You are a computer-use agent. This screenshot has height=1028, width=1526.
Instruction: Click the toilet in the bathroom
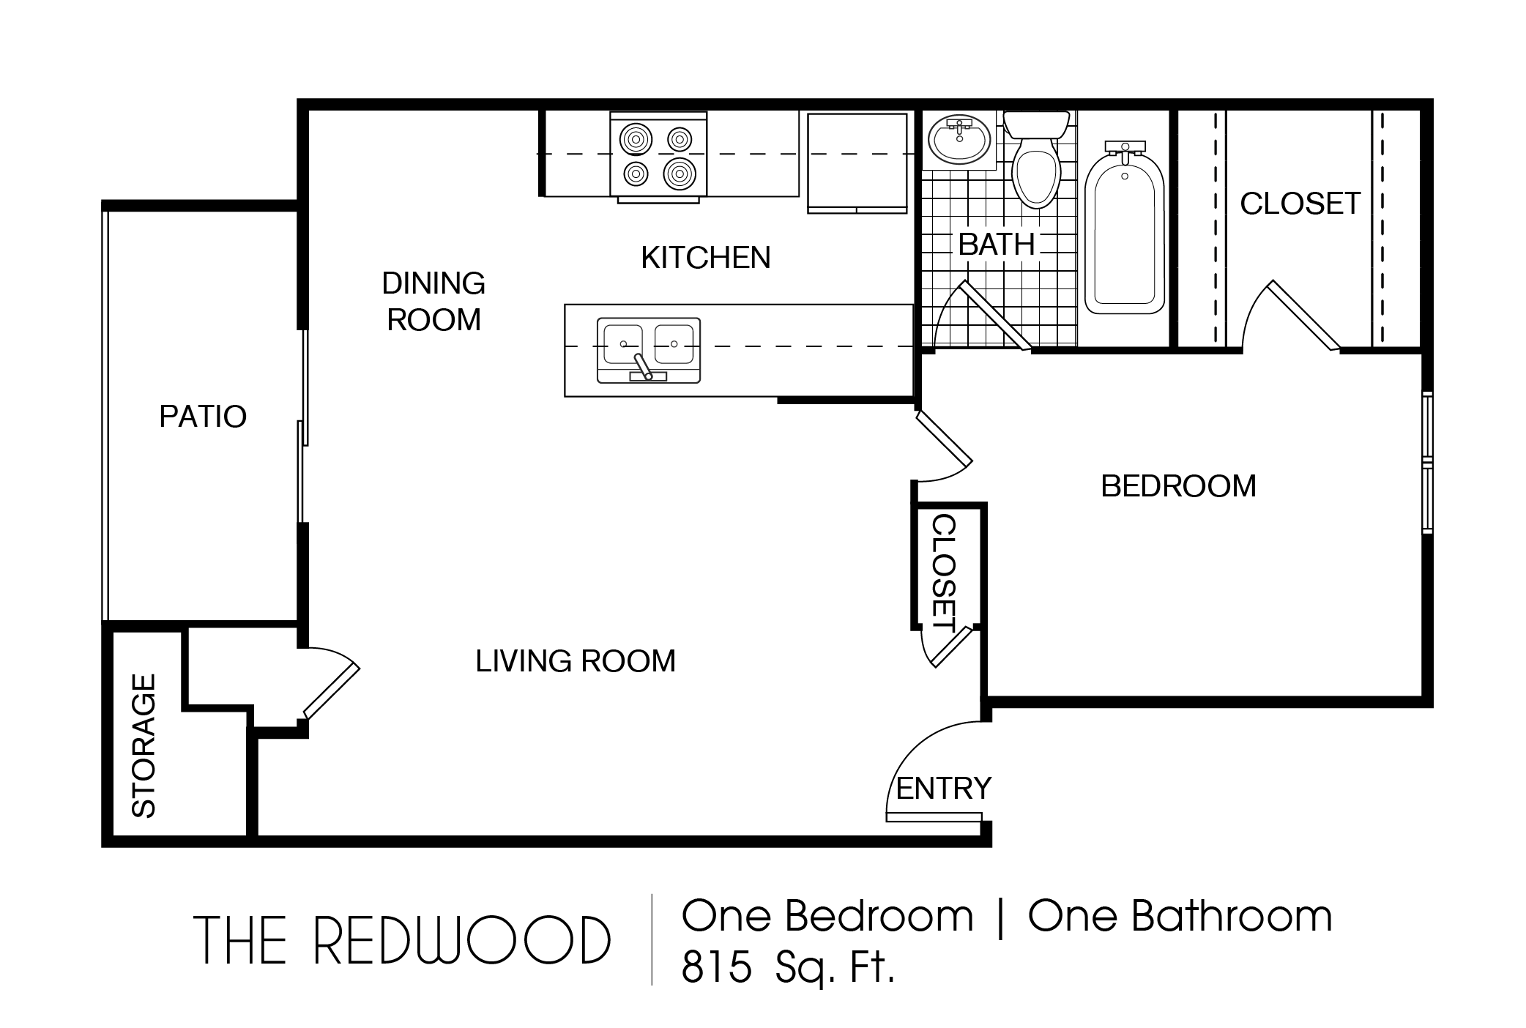(1036, 160)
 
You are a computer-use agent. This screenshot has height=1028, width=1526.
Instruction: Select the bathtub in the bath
(1124, 228)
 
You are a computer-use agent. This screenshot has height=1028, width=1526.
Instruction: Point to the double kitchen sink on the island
(649, 350)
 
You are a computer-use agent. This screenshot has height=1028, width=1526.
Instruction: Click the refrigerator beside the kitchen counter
(857, 163)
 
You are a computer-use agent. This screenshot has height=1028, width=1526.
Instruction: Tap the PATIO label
(203, 417)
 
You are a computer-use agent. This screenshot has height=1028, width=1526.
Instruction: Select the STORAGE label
(144, 745)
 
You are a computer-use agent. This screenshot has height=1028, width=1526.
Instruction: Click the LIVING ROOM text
(576, 661)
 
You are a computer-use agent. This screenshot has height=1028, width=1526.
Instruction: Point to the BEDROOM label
(1179, 486)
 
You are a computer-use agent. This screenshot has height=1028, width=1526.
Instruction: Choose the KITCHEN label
(706, 258)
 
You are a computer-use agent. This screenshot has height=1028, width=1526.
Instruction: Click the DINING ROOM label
(434, 301)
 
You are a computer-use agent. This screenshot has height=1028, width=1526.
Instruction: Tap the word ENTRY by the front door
(943, 789)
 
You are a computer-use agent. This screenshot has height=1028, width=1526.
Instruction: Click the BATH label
(997, 245)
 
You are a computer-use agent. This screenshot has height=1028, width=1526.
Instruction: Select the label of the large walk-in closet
(1300, 204)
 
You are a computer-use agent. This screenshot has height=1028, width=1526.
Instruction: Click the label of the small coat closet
(944, 573)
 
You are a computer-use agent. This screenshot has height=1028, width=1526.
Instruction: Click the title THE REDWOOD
(402, 940)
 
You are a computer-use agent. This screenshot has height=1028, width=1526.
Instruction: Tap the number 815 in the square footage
(717, 967)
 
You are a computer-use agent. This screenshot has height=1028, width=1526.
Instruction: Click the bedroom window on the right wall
(1427, 463)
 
